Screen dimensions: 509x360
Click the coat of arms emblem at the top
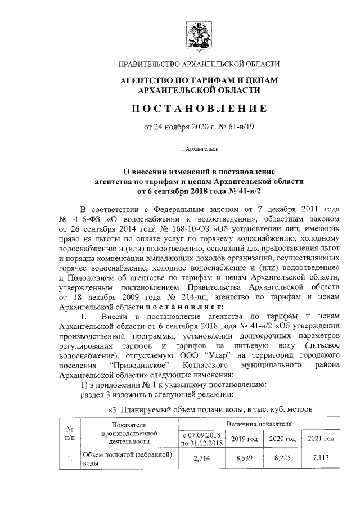(199, 33)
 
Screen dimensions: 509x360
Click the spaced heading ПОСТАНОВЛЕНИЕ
(199, 108)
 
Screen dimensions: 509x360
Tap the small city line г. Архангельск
(199, 149)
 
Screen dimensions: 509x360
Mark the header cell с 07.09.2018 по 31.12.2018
(200, 438)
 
